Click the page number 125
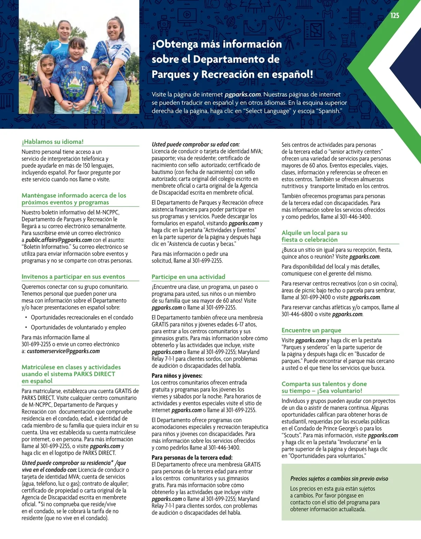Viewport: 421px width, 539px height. [x=395, y=15]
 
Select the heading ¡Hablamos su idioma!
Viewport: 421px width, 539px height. [x=53, y=142]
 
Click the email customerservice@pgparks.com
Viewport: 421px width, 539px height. [x=63, y=351]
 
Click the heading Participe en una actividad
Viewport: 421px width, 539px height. [x=188, y=277]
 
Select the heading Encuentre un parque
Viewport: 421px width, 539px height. [x=311, y=330]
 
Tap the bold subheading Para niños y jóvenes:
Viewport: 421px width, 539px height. [x=177, y=376]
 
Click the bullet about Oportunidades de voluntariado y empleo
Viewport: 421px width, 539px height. [x=78, y=327]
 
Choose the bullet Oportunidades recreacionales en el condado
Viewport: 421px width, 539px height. [x=82, y=317]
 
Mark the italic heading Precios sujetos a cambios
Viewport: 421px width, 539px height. [x=339, y=479]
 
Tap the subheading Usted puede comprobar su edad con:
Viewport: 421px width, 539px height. [x=195, y=144]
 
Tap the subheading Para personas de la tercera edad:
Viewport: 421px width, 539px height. [x=192, y=458]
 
